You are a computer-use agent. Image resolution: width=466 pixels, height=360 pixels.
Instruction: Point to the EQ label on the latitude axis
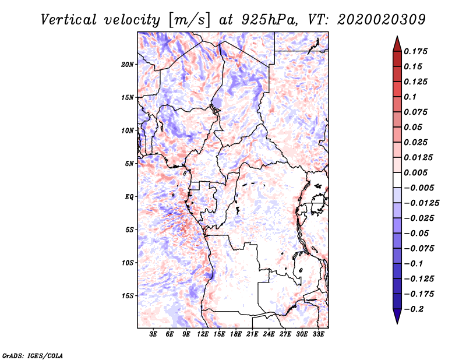click(x=129, y=197)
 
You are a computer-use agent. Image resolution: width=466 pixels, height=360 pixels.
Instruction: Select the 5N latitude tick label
click(x=130, y=164)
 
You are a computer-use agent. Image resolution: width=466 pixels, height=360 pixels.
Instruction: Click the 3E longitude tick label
click(x=154, y=335)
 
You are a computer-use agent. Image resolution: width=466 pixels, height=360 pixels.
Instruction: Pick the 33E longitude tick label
click(x=318, y=335)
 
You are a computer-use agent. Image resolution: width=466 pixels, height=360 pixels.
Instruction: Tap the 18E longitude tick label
click(x=236, y=335)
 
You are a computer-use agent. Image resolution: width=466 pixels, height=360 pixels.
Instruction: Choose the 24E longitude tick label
click(x=269, y=335)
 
